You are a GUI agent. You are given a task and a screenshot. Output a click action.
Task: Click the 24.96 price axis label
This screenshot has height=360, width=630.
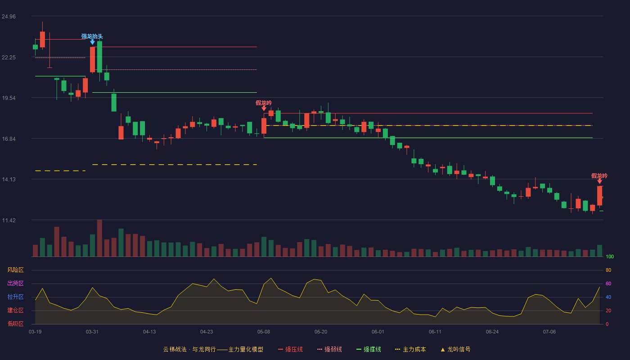coord(9,16)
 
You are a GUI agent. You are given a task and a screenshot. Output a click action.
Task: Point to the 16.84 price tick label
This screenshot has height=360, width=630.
coord(9,139)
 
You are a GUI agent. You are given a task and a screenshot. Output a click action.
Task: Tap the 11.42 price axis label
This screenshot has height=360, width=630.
coord(9,220)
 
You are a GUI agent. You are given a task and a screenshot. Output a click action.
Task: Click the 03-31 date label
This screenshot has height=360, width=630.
coord(92,332)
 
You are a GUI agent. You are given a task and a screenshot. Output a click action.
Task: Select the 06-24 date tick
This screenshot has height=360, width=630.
coord(492,332)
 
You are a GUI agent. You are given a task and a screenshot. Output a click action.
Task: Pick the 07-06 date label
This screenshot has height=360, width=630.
coord(549,332)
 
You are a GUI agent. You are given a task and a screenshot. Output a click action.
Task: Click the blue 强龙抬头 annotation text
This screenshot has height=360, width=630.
coord(92,36)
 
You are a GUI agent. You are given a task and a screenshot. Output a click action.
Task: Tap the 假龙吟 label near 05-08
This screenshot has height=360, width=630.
coord(264,103)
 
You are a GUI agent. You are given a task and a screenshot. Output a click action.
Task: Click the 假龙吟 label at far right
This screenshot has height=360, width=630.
coord(599,176)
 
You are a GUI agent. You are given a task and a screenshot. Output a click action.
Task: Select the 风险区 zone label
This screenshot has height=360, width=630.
coord(15,270)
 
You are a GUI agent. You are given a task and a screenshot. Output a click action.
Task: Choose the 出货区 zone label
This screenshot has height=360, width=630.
coord(15,283)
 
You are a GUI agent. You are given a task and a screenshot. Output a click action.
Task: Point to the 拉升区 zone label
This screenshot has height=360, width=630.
coord(15,297)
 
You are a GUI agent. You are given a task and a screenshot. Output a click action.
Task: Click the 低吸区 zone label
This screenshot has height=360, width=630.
coord(15,324)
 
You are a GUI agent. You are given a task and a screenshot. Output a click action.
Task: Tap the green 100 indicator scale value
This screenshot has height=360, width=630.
coord(610,256)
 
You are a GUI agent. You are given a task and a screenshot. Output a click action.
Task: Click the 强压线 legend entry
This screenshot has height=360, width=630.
coord(290,349)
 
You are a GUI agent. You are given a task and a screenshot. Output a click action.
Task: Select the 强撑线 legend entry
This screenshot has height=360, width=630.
coord(369,349)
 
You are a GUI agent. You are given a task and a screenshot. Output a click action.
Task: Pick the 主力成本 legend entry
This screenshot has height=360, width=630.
coord(410,349)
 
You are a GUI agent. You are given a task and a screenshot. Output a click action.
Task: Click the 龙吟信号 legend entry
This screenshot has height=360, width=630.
coord(455,349)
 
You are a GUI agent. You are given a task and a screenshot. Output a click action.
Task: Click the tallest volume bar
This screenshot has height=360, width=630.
coord(99,238)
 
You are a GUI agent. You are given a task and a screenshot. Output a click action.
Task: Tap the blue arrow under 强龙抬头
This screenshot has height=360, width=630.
coord(92,42)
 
